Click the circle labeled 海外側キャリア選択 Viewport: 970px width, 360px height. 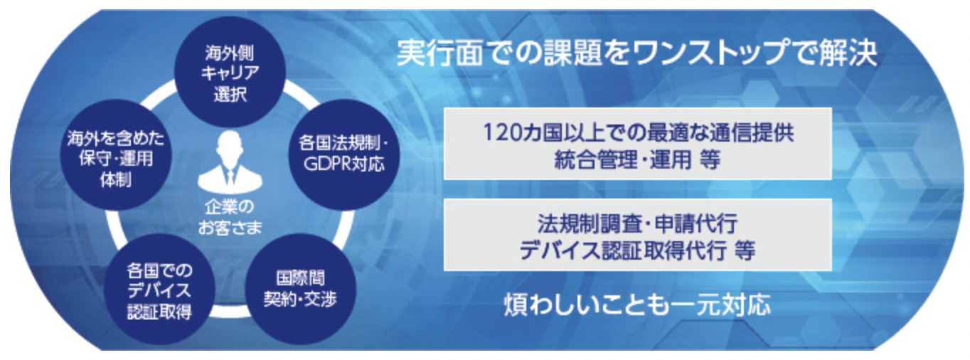(230, 72)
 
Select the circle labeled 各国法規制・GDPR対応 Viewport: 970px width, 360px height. (343, 154)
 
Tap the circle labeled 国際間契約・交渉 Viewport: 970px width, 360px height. (300, 289)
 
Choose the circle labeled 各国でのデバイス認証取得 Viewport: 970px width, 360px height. (159, 289)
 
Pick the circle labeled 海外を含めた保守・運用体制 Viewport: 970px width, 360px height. (116, 154)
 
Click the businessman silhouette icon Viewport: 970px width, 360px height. (230, 162)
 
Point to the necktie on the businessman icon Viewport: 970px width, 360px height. (230, 178)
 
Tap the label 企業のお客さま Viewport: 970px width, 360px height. (230, 217)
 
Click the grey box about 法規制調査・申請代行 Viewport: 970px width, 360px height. (637, 235)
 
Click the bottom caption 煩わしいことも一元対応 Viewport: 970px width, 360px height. (637, 305)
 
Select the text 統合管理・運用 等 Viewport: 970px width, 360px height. (637, 160)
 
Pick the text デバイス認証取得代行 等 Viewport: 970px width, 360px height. (637, 250)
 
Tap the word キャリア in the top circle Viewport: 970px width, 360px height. (230, 73)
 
